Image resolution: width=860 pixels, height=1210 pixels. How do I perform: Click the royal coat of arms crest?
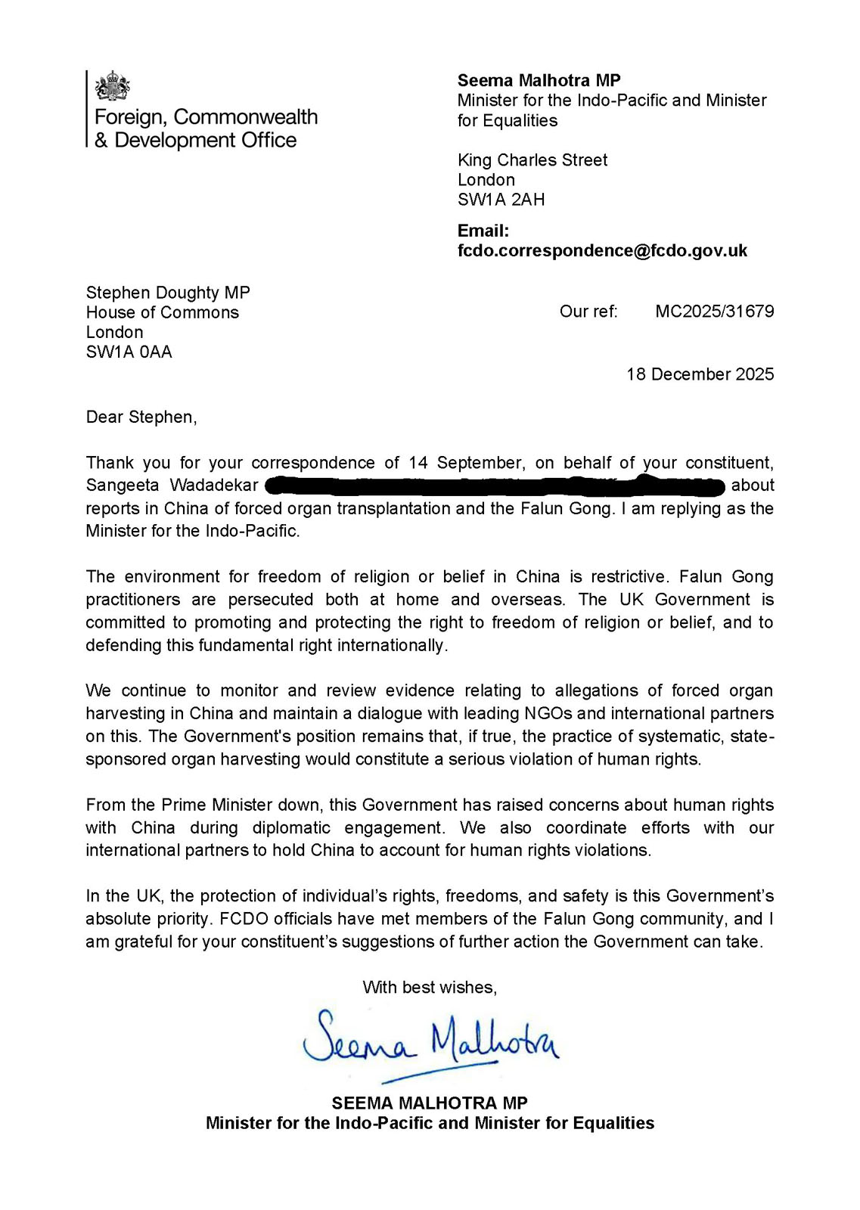pyautogui.click(x=112, y=86)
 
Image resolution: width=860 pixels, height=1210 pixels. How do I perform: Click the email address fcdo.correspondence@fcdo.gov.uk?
pyautogui.click(x=602, y=251)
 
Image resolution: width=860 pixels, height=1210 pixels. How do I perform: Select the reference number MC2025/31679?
pyautogui.click(x=714, y=312)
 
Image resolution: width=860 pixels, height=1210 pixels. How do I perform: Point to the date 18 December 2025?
pyautogui.click(x=700, y=374)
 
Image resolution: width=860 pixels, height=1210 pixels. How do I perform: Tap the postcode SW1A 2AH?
pyautogui.click(x=501, y=200)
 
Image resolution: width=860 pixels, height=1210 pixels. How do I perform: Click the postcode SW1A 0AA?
pyautogui.click(x=129, y=352)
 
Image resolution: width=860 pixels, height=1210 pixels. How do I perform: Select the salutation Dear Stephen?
pyautogui.click(x=141, y=417)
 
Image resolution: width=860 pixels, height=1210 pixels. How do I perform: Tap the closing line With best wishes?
pyautogui.click(x=430, y=988)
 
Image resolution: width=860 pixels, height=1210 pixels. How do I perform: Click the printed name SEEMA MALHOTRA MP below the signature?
pyautogui.click(x=430, y=1103)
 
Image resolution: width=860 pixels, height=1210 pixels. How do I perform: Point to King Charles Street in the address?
pyautogui.click(x=532, y=160)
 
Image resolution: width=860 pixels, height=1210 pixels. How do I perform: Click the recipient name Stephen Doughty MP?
pyautogui.click(x=167, y=293)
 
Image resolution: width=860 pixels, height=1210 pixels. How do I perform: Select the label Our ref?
pyautogui.click(x=588, y=312)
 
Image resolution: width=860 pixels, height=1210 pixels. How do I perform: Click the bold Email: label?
pyautogui.click(x=483, y=231)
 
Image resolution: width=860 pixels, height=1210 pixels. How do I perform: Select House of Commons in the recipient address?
pyautogui.click(x=162, y=313)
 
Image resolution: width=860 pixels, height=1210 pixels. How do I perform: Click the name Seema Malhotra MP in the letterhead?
pyautogui.click(x=539, y=81)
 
